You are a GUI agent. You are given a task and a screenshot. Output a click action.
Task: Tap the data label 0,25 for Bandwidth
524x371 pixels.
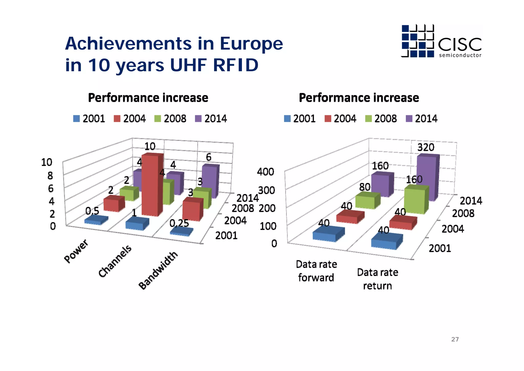[179, 223]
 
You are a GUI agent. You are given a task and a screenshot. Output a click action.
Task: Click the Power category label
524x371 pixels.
[76, 251]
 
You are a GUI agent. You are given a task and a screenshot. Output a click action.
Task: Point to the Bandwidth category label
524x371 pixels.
[158, 270]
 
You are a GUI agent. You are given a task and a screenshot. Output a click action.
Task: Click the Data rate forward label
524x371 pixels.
[316, 271]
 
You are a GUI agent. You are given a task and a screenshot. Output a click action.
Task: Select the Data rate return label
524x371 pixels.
[377, 279]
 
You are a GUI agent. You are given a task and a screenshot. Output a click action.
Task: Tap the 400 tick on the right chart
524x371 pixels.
[265, 172]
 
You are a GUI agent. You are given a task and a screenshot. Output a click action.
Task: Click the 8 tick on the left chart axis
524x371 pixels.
[50, 176]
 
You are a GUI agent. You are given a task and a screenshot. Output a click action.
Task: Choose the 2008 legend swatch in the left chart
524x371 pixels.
[158, 119]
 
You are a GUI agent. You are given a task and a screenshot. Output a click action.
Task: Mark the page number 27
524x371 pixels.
[455, 339]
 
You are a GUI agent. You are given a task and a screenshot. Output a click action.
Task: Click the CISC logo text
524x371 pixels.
[460, 45]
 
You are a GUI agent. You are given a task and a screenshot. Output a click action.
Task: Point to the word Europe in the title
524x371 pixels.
[251, 43]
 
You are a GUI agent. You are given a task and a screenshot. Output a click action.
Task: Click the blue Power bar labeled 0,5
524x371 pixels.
[96, 220]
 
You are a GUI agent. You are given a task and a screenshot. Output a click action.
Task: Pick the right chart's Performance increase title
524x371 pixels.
[359, 98]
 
